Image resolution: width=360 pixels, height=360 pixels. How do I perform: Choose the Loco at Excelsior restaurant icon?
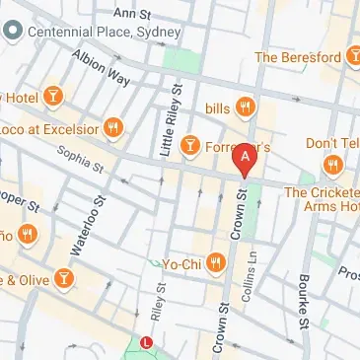115,127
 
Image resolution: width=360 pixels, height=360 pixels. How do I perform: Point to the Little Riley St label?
166,122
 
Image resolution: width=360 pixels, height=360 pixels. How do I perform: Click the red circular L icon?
147,343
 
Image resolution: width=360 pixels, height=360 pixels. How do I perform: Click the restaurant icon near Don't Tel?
333,164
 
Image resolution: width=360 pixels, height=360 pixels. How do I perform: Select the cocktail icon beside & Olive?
63,277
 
